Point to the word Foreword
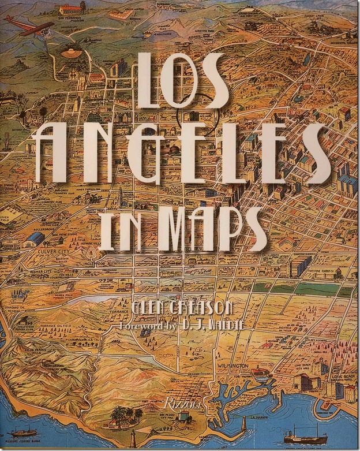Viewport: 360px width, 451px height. pos(141,325)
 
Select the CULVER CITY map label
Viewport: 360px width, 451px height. pos(53,252)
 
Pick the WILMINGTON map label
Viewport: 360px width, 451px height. pos(234,366)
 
